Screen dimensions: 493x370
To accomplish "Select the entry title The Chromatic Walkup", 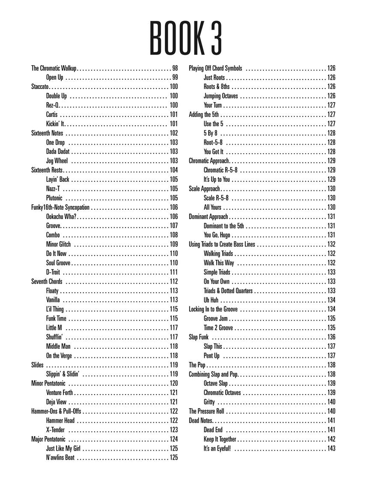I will (x=54, y=68).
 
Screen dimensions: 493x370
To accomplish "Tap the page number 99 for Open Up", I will (x=175, y=77).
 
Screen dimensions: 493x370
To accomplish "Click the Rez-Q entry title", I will (x=53, y=105).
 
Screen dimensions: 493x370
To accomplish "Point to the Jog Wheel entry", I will (x=57, y=161).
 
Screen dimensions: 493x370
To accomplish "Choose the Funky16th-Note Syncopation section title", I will (x=60, y=207).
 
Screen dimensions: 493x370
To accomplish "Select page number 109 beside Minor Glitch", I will (x=173, y=244).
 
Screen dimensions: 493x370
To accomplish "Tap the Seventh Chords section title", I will (x=47, y=282).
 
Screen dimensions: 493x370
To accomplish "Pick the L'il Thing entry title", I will (x=55, y=309).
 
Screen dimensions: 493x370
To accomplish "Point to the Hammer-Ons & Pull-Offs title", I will (x=56, y=411).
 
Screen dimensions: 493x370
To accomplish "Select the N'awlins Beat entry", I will (x=60, y=457).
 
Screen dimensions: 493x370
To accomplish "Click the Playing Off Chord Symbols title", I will (x=215, y=68).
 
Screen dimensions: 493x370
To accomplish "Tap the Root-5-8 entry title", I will (x=213, y=143).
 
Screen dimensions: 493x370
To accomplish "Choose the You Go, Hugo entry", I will (x=218, y=235).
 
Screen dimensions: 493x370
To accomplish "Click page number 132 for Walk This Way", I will (x=331, y=263).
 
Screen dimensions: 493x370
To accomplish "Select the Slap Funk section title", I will (x=199, y=337).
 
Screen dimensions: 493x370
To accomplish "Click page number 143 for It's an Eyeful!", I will (x=331, y=448).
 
